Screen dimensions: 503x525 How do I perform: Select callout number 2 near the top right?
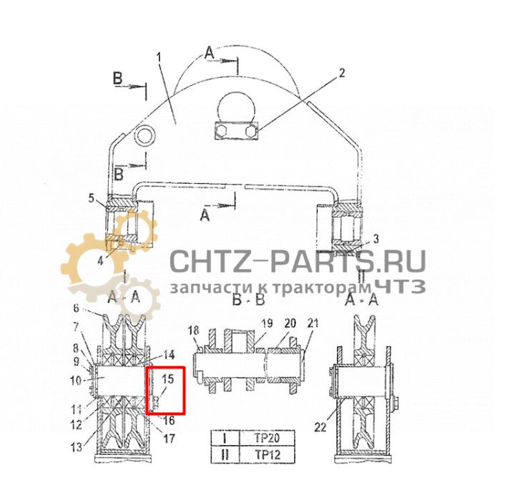[x=341, y=72]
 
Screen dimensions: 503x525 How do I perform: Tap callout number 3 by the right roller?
[x=377, y=238]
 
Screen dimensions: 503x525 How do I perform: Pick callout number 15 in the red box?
[x=168, y=379]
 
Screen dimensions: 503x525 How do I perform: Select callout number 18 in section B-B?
[x=192, y=330]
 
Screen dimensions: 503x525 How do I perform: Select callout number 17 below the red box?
[x=170, y=438]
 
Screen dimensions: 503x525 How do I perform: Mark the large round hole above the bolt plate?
[x=236, y=106]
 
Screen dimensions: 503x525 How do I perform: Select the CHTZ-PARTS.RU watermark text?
[x=297, y=261]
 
